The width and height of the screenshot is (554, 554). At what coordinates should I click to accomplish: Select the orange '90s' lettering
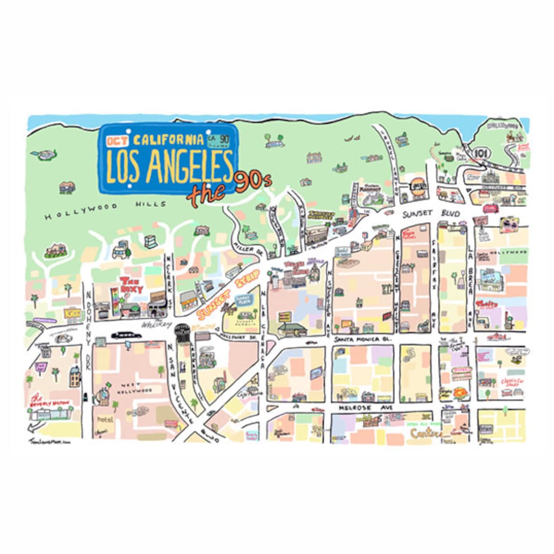[252, 182]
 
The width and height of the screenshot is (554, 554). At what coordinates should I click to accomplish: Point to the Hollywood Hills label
[106, 210]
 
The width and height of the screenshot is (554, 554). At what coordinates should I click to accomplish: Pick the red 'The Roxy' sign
[131, 285]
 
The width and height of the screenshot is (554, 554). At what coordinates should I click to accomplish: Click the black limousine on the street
[126, 335]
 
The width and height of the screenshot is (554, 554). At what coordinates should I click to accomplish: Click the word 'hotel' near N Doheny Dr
[105, 420]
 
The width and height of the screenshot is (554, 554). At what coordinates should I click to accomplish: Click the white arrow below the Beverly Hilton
[35, 426]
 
